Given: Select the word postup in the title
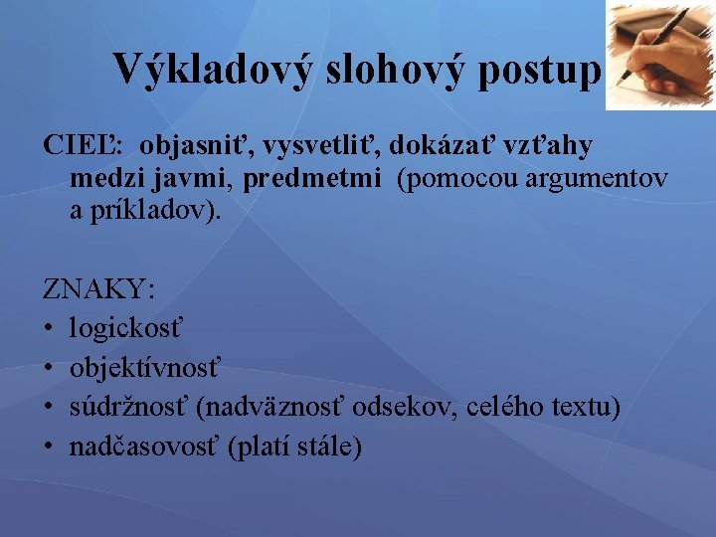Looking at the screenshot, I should click(545, 70).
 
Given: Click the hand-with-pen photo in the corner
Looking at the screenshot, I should click(660, 55).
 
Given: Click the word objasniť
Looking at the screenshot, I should click(195, 146).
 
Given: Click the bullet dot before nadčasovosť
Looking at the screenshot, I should click(51, 447).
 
